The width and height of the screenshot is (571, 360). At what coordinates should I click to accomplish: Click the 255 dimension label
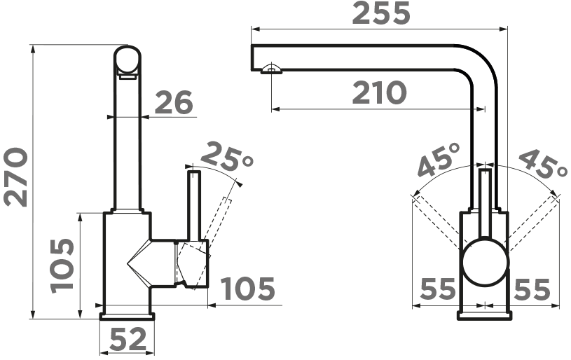tap(381, 13)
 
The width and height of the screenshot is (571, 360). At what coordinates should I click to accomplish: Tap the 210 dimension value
tap(379, 92)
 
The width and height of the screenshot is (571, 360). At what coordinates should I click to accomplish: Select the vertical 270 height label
tap(16, 177)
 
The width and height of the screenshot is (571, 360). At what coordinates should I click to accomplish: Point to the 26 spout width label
tap(174, 102)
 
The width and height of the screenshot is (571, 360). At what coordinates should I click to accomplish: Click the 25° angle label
tap(226, 158)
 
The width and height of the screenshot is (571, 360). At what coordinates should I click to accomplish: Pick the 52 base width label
tap(128, 339)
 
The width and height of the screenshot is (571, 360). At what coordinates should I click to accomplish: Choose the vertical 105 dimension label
tap(62, 266)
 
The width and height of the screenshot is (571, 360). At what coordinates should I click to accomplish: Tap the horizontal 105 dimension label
tap(248, 289)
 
